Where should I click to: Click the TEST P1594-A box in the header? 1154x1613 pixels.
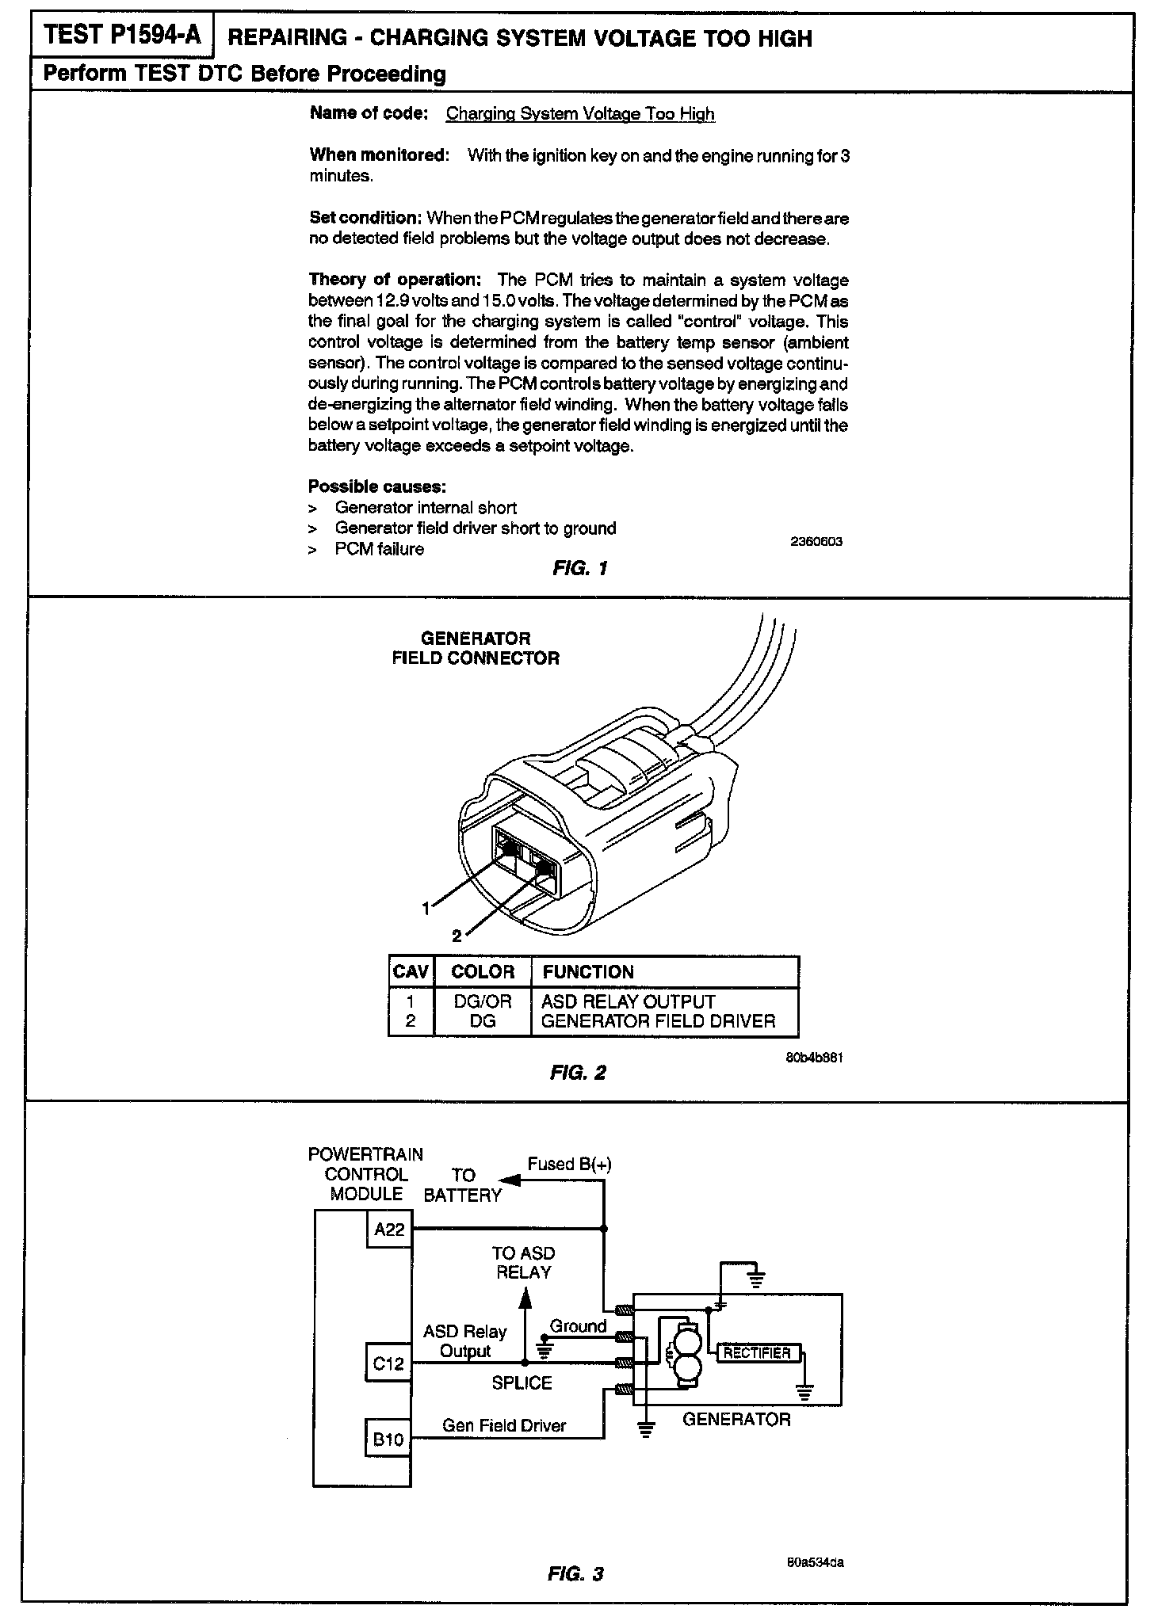coord(122,36)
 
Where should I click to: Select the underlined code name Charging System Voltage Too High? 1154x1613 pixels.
coord(580,114)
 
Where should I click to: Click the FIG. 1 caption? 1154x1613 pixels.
coord(580,568)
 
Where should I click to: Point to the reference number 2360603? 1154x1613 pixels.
coord(816,542)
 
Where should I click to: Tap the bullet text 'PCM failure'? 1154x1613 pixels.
coord(379,549)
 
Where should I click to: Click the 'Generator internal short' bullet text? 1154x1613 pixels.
coord(426,508)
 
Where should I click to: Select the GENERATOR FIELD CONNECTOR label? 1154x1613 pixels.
coord(476,648)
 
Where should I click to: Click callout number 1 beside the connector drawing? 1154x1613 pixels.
coord(426,908)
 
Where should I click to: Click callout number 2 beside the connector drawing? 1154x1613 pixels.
coord(457,936)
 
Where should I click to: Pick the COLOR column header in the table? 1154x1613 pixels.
coord(483,972)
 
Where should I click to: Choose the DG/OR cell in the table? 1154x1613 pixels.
coord(483,1001)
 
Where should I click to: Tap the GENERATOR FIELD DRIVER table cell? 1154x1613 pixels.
coord(658,1022)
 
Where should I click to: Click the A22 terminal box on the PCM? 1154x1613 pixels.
coord(389,1230)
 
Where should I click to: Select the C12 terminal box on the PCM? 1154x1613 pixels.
coord(389,1363)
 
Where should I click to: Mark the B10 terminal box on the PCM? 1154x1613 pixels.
coord(389,1439)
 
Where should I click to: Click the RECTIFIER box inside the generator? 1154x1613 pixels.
coord(757,1353)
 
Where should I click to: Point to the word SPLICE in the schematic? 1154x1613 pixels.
coord(522,1382)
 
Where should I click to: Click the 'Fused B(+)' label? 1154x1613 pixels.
coord(569,1164)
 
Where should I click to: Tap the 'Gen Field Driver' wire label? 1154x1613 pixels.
coord(504,1426)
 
